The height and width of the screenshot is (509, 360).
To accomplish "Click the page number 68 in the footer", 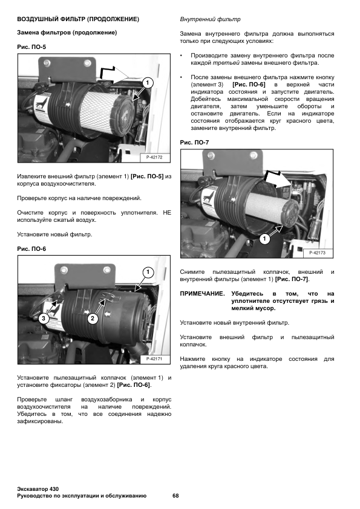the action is click(175, 496).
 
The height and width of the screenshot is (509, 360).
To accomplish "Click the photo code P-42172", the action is click(154, 157).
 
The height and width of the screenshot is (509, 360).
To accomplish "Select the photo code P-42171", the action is click(154, 358).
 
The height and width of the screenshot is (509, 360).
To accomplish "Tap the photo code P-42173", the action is click(317, 253).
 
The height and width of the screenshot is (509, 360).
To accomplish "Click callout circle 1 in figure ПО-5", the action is click(148, 83).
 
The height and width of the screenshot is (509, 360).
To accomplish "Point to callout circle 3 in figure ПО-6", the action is click(44, 319).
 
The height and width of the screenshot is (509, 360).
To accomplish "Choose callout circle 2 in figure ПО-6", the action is click(93, 319).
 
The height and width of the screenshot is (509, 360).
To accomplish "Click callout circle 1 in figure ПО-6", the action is click(148, 272).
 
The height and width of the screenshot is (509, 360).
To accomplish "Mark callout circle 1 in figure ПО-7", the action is click(264, 239).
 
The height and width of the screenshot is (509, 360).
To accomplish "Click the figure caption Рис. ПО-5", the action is click(31, 47).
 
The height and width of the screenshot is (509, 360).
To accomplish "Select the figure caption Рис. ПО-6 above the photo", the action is click(31, 249).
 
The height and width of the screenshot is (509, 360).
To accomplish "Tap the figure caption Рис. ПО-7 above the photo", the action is click(194, 143).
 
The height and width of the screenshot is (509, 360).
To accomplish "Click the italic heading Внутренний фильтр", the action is click(210, 19).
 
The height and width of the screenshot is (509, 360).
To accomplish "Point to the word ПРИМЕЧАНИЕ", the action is click(202, 294).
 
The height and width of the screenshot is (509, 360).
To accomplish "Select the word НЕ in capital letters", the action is click(166, 213).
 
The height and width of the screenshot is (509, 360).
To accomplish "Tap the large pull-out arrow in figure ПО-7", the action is click(276, 179).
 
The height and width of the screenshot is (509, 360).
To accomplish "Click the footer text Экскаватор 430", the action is click(38, 489).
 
